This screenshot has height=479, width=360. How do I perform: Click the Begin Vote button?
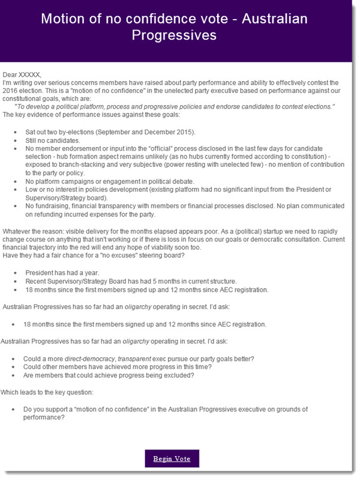point(172,459)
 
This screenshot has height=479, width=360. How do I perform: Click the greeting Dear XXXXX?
point(23,74)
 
